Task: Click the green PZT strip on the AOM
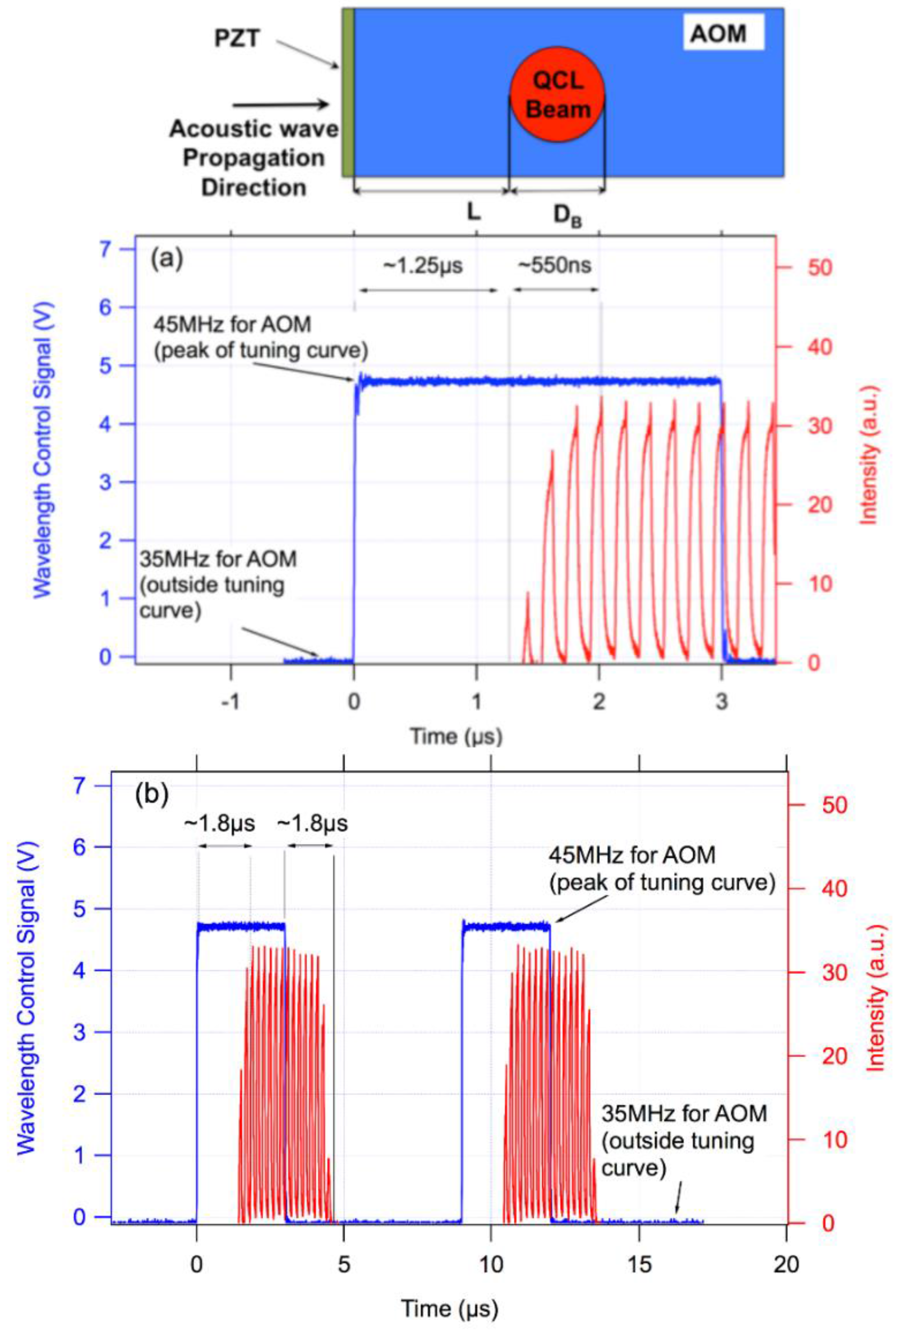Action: click(347, 92)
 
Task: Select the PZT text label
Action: click(237, 39)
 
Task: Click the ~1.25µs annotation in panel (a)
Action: click(422, 266)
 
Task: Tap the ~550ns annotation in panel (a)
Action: click(554, 265)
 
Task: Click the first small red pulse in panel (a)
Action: click(527, 624)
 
